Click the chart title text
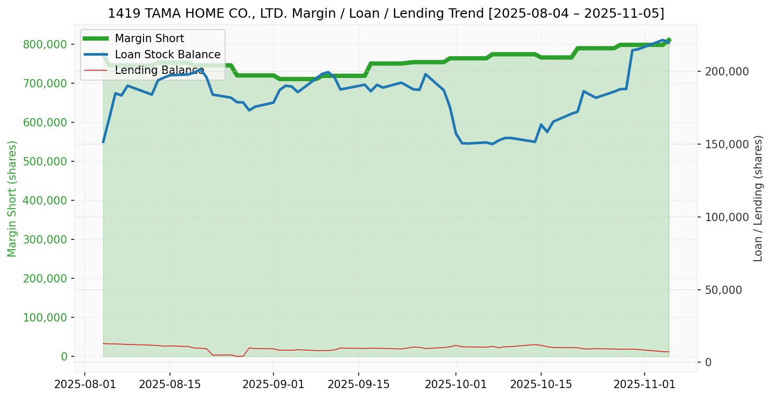pos(386,14)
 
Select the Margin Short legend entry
pos(149,38)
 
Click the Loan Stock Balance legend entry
pos(167,55)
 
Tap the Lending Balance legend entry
pos(159,70)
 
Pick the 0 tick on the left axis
pos(64,356)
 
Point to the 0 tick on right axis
pos(708,363)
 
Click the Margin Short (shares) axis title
pos(12,199)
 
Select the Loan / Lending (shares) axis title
pos(758,199)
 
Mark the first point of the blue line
pos(103,142)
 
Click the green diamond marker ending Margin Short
pos(669,40)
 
